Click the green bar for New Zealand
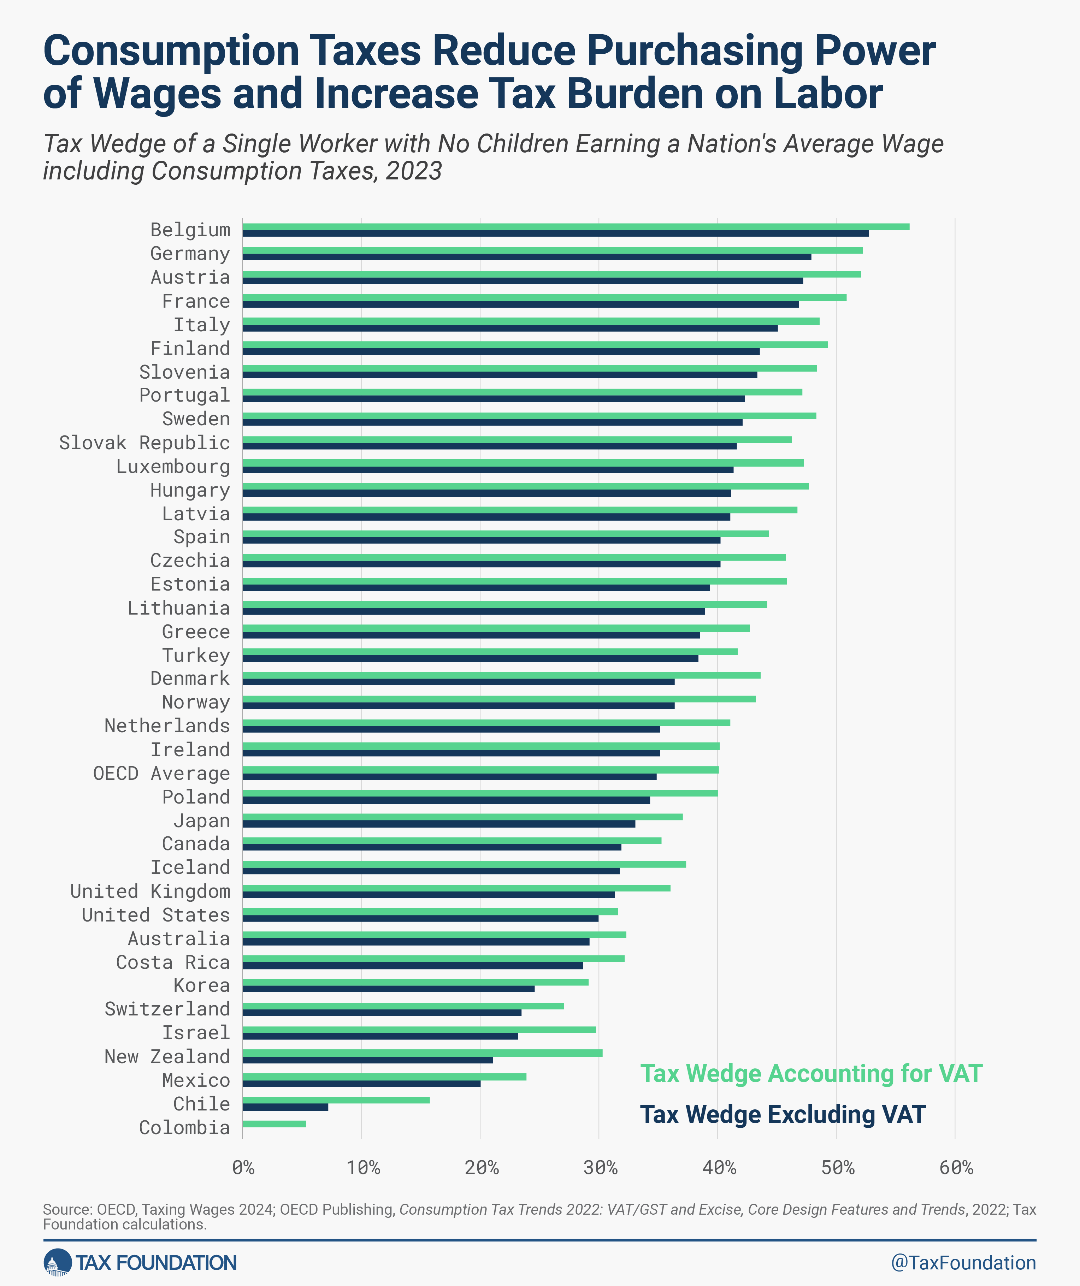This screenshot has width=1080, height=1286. pyautogui.click(x=423, y=1053)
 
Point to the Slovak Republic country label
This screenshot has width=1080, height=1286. pyautogui.click(x=144, y=442)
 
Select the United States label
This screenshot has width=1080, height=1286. pyautogui.click(x=156, y=914)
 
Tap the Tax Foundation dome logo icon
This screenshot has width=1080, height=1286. pyautogui.click(x=57, y=1262)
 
